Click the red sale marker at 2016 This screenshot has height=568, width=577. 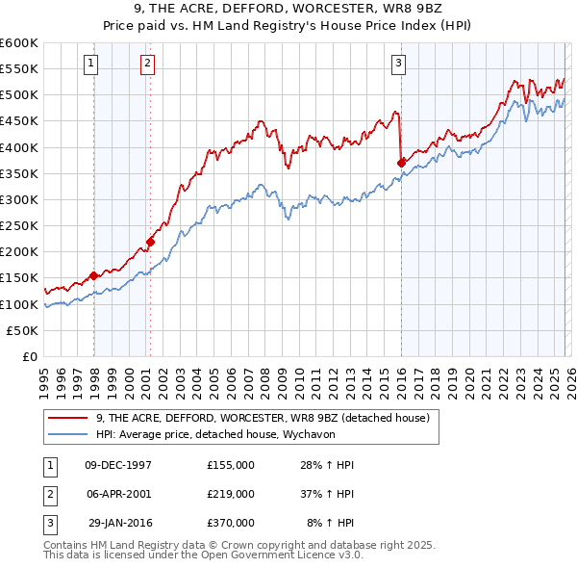[x=401, y=163]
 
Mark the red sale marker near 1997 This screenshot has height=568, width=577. [x=93, y=275]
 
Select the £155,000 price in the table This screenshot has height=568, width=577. [x=230, y=465]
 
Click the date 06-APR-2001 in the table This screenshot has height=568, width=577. [x=118, y=494]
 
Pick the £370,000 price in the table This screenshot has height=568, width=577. [x=230, y=523]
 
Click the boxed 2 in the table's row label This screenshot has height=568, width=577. [x=48, y=494]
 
